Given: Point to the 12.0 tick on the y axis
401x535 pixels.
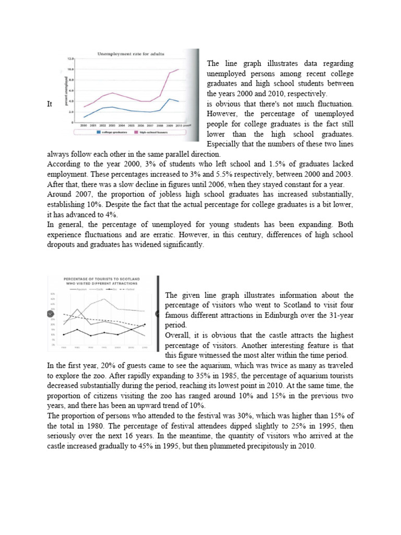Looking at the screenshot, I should point(70,59).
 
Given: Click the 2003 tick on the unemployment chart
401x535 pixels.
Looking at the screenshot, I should point(112,126).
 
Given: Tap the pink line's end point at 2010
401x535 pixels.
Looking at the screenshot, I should point(179,69).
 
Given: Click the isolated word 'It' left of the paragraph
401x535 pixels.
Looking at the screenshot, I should point(50,104).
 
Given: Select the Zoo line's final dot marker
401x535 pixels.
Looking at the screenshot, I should point(145,324).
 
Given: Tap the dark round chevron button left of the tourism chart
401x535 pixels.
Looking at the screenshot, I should point(51,313).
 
